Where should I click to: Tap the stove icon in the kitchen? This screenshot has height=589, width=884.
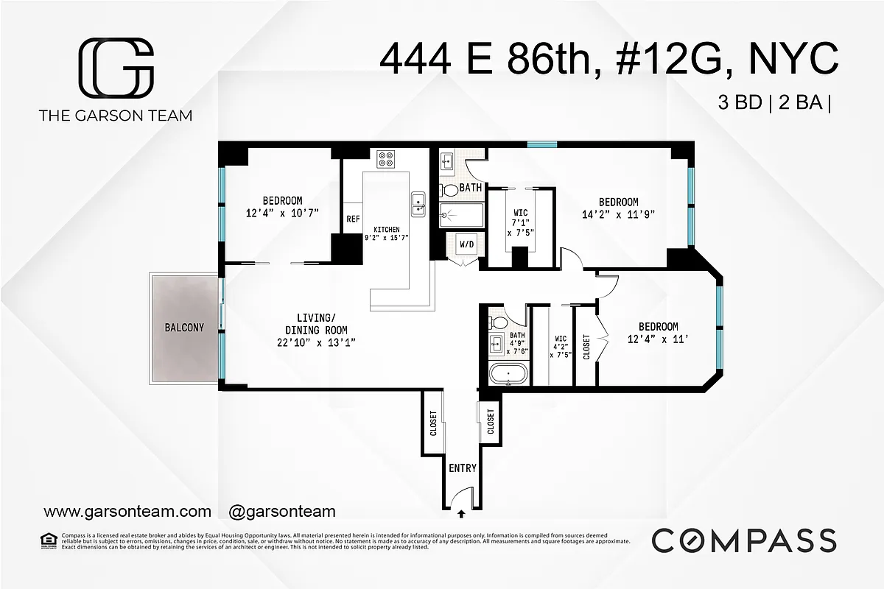coord(386,158)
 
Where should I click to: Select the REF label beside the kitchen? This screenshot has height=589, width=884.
coord(354,219)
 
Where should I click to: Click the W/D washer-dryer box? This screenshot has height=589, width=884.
coord(467,244)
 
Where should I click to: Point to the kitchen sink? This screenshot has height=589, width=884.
coord(418,203)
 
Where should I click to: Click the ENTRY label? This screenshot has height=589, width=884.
coord(463,468)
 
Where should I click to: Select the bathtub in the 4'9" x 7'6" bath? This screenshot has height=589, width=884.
coord(508,373)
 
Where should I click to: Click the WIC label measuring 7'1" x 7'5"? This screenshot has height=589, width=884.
coord(521,214)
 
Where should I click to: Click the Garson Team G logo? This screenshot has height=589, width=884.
coord(116,67)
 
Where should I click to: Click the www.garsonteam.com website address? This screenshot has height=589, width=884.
coord(127,511)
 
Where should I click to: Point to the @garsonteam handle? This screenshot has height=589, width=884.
coord(282,511)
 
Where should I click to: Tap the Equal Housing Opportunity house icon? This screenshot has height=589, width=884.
coord(49,540)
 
